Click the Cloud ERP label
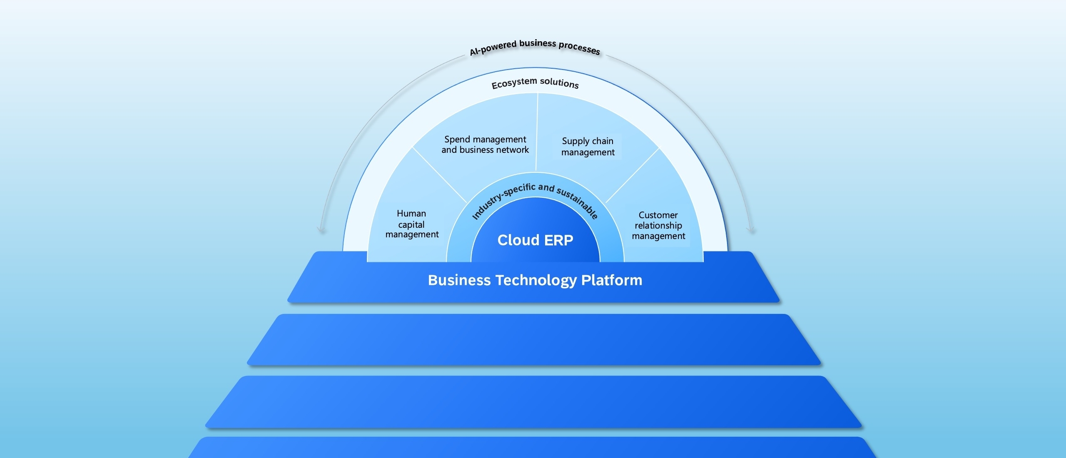(535, 240)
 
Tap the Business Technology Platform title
(535, 280)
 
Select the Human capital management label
(412, 224)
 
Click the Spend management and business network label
(485, 144)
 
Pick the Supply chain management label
(588, 147)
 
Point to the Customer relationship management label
(658, 225)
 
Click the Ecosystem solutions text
(535, 83)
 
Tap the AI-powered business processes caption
(535, 46)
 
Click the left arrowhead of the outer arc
(321, 229)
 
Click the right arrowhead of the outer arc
(751, 229)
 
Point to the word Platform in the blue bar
(612, 280)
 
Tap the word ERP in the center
(558, 240)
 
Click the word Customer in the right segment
(658, 215)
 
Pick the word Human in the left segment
(411, 214)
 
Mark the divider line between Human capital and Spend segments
(440, 175)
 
